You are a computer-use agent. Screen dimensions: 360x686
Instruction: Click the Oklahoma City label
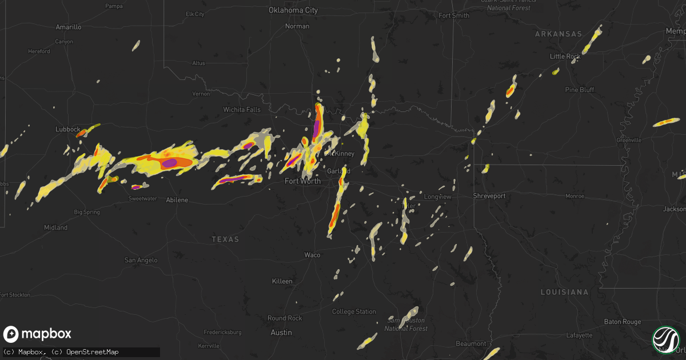click(294, 10)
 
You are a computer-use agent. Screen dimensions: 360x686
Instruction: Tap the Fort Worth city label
click(302, 181)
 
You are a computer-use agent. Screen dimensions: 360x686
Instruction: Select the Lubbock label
click(67, 129)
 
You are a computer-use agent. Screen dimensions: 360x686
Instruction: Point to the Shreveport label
click(490, 196)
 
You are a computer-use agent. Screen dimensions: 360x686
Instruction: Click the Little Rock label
click(565, 56)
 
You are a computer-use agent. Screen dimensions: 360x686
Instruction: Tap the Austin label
click(281, 332)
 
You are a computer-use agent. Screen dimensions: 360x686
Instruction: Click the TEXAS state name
click(225, 239)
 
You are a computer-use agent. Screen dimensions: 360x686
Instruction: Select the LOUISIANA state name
click(564, 292)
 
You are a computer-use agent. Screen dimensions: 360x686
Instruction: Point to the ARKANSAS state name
click(558, 34)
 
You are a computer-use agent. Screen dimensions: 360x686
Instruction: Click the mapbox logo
click(37, 334)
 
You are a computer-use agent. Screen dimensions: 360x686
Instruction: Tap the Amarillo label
click(69, 27)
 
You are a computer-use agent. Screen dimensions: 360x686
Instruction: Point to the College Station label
click(354, 311)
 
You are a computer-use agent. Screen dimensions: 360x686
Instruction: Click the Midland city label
click(55, 227)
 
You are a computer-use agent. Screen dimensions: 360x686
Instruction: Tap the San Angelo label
click(141, 260)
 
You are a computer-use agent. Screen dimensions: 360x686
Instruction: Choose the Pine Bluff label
click(579, 90)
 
